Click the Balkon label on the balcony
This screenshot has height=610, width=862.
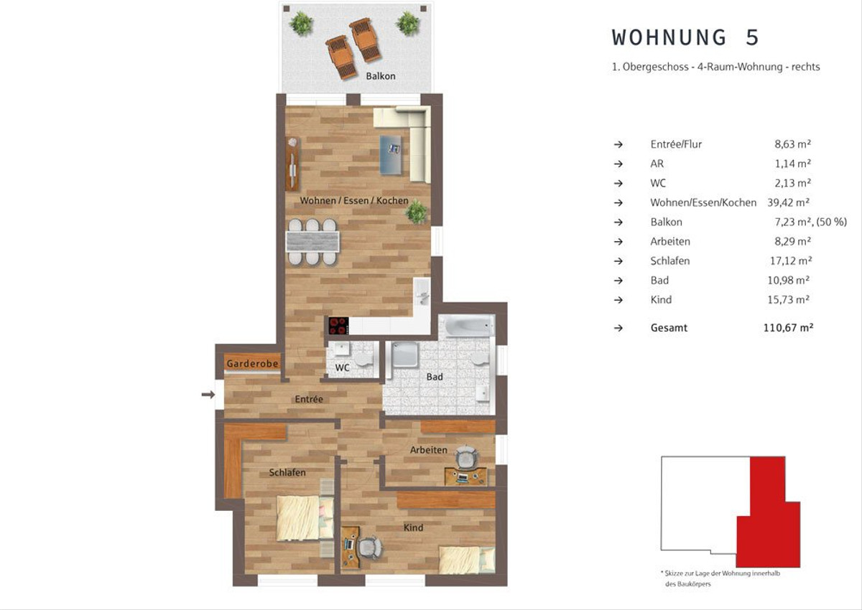tap(380, 76)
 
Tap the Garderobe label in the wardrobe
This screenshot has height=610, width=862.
tap(252, 364)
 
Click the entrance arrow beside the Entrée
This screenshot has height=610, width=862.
tap(208, 395)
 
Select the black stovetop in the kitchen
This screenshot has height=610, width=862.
tap(338, 326)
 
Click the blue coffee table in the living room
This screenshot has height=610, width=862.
tap(390, 155)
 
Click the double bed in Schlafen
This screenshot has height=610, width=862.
tap(305, 518)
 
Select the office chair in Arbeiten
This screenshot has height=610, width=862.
tap(466, 457)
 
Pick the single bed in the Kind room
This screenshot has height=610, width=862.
tap(467, 560)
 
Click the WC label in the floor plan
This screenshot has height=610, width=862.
tap(342, 368)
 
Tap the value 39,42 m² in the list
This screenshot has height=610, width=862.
tap(789, 202)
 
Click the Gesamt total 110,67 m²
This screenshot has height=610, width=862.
tap(788, 327)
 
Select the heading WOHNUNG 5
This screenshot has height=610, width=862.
tap(685, 37)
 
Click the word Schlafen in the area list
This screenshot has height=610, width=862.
tap(670, 261)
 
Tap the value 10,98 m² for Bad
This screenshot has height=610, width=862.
tap(789, 280)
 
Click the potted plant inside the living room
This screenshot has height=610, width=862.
tap(417, 212)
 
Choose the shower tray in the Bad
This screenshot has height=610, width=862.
tap(405, 355)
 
